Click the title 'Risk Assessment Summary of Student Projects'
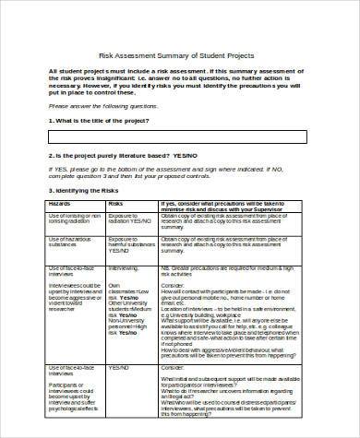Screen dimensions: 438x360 (179, 54)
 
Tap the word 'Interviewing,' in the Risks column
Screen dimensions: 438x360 (124, 268)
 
